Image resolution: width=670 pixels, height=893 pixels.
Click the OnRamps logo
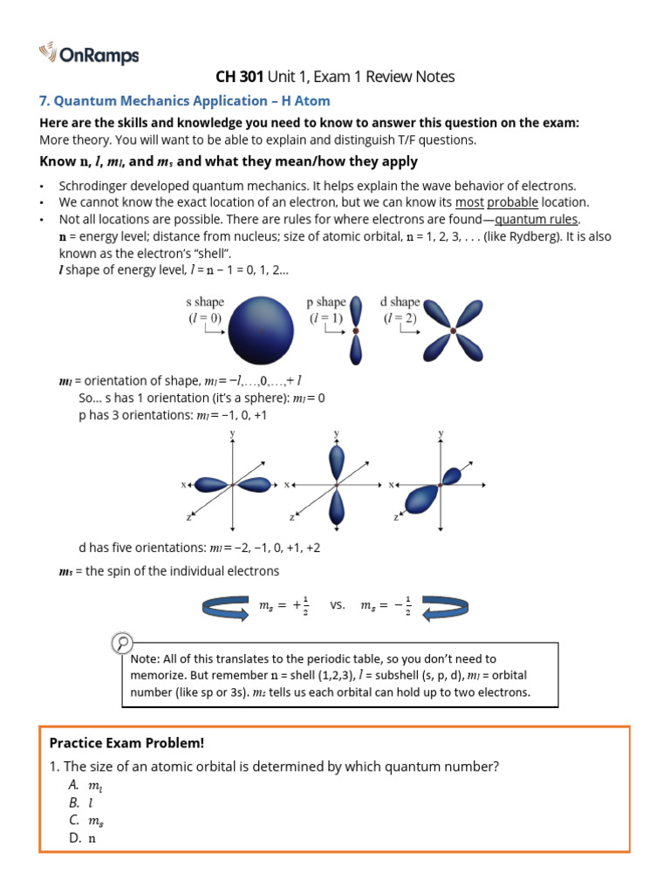[x=89, y=55]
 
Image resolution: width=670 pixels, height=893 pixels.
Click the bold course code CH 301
[x=239, y=77]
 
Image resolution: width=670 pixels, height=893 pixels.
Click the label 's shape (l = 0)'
[x=205, y=310]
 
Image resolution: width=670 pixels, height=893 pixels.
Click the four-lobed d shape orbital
[x=453, y=330]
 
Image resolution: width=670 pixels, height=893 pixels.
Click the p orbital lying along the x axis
[x=231, y=485]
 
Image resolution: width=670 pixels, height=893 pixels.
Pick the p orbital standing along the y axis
[x=337, y=485]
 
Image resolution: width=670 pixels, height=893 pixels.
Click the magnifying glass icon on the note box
[x=123, y=644]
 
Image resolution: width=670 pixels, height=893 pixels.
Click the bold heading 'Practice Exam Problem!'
[x=126, y=743]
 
